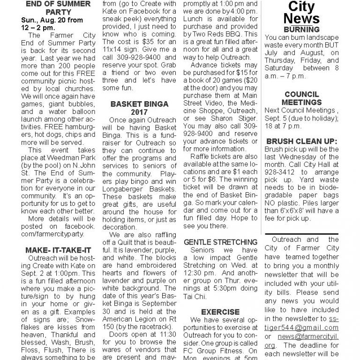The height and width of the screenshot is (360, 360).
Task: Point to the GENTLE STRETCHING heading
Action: (220, 242)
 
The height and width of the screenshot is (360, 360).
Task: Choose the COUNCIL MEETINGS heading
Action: (302, 98)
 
